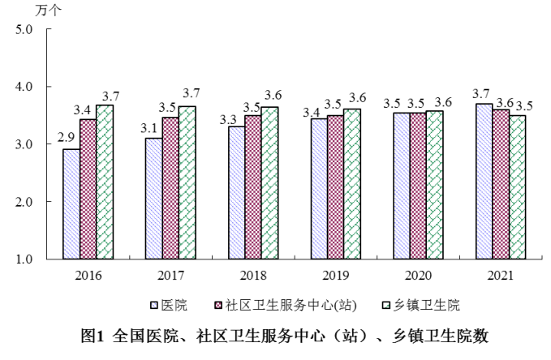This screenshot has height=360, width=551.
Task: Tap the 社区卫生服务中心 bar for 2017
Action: point(170,188)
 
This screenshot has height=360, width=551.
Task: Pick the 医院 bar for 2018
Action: point(236,193)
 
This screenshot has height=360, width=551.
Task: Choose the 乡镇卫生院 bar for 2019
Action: point(352,184)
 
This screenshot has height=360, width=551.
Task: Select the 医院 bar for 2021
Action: point(484,182)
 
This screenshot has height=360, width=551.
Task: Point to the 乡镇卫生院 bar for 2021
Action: point(517,187)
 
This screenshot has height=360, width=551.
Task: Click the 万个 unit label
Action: point(47,10)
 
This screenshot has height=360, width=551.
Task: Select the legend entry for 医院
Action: point(174,306)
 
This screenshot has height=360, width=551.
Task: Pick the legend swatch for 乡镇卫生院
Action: point(388,306)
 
